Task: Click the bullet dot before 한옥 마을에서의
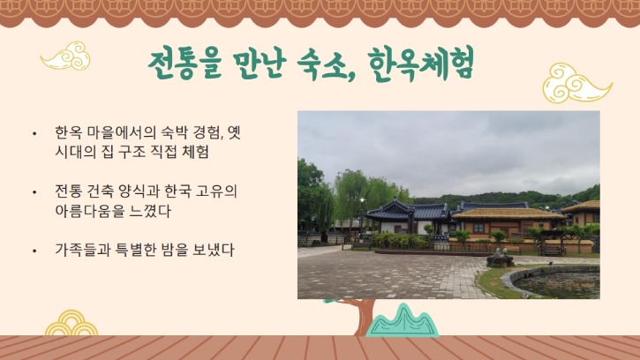tap(34, 134)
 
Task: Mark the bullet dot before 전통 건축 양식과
tap(34, 192)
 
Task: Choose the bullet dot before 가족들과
tap(34, 251)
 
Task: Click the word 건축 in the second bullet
tap(105, 191)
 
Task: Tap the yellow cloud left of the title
tap(65, 57)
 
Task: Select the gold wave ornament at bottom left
tap(71, 324)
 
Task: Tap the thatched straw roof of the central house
tap(508, 214)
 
